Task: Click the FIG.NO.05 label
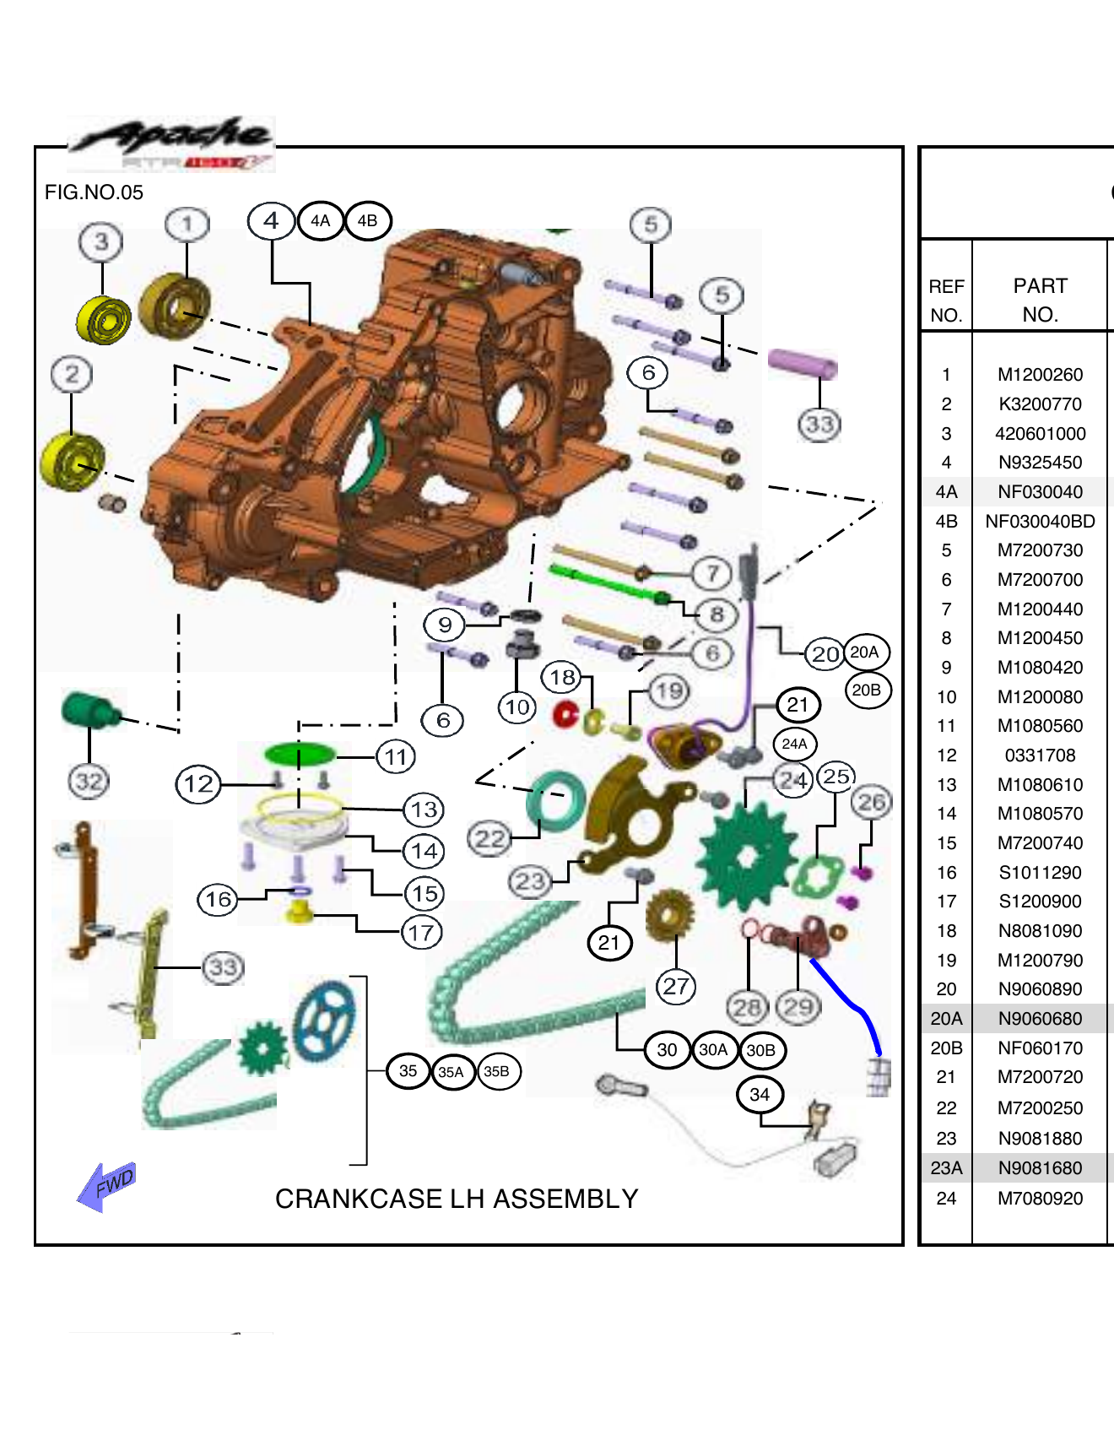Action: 94,192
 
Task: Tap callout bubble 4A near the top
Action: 320,221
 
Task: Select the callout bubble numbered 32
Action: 89,782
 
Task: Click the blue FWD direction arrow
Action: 106,1185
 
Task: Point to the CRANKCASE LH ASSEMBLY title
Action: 457,1199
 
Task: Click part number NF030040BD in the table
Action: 1040,522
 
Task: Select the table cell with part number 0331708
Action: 1040,755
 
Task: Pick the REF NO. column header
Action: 946,301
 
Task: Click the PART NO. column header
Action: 1040,301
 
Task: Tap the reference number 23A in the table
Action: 946,1168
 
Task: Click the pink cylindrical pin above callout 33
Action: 802,364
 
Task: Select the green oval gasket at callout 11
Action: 299,752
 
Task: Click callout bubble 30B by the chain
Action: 760,1051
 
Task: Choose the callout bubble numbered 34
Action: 760,1095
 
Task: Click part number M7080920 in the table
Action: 1040,1199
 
